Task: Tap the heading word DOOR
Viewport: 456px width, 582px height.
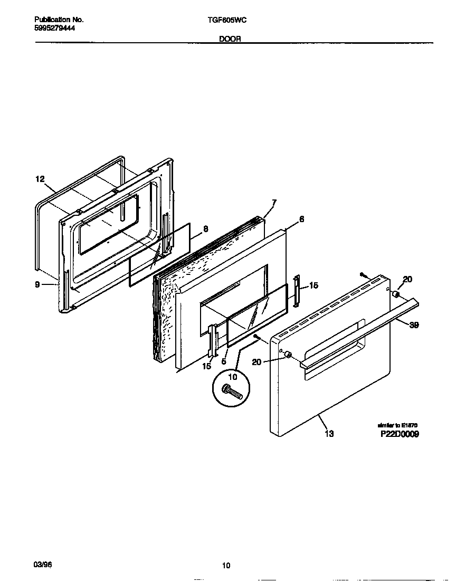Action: click(230, 39)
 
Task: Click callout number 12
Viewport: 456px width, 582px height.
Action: click(40, 179)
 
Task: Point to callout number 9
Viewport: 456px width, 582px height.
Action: click(37, 285)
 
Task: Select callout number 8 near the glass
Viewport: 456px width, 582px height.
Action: click(205, 229)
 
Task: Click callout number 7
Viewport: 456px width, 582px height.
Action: click(274, 203)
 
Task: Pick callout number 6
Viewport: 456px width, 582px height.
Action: click(301, 219)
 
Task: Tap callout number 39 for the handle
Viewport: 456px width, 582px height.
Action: click(414, 326)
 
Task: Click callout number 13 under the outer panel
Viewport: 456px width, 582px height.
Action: click(329, 434)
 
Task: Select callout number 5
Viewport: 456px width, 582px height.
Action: click(224, 362)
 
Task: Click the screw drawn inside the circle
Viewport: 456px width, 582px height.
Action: click(233, 392)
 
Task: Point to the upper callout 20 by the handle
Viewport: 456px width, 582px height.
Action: click(407, 280)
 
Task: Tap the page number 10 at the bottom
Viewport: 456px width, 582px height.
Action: click(226, 566)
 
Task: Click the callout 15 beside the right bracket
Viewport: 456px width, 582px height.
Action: click(313, 285)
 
